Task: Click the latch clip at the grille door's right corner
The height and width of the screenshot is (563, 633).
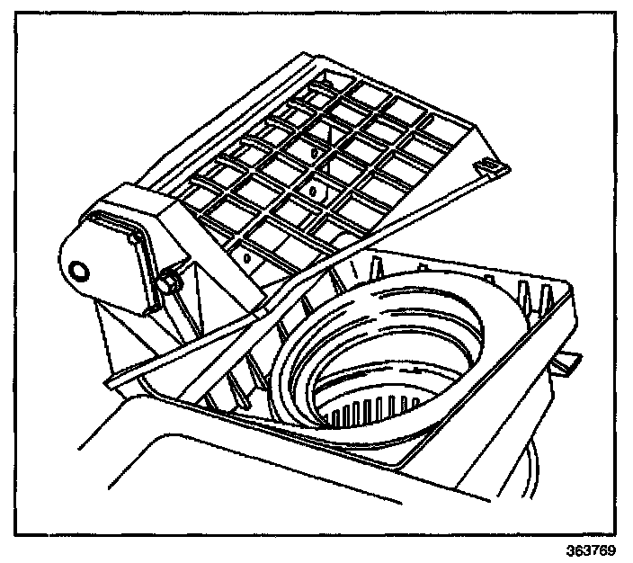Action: point(490,165)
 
